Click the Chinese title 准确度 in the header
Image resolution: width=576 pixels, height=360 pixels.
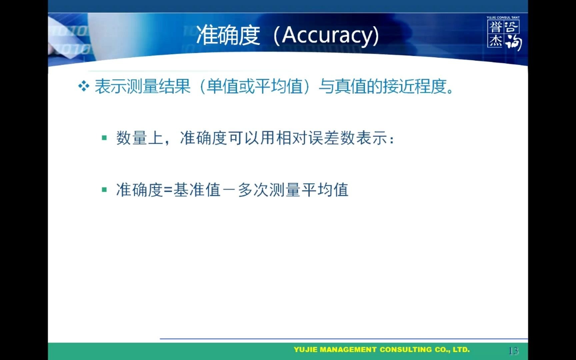[x=228, y=35]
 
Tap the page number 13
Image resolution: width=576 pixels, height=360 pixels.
[x=513, y=351]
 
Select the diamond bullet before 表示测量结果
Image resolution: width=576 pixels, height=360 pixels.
[x=83, y=86]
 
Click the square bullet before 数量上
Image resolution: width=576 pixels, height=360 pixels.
[x=104, y=137]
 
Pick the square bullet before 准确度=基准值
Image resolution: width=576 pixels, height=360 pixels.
[x=104, y=190]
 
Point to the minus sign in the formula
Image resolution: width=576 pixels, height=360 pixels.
[x=229, y=190]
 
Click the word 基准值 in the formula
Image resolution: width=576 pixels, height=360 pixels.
[x=197, y=190]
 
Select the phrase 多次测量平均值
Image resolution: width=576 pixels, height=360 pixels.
[x=293, y=190]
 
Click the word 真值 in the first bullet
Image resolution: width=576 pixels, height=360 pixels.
[x=351, y=86]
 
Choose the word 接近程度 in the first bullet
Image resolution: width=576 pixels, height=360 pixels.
[x=415, y=86]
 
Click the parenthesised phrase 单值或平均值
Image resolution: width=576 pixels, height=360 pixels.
[x=255, y=86]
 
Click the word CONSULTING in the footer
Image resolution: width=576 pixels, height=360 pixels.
[x=406, y=350]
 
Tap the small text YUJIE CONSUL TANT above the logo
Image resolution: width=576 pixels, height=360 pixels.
[x=503, y=17]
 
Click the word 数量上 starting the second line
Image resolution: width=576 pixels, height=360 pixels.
[x=139, y=138]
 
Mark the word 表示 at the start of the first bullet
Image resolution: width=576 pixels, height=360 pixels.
[x=111, y=86]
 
